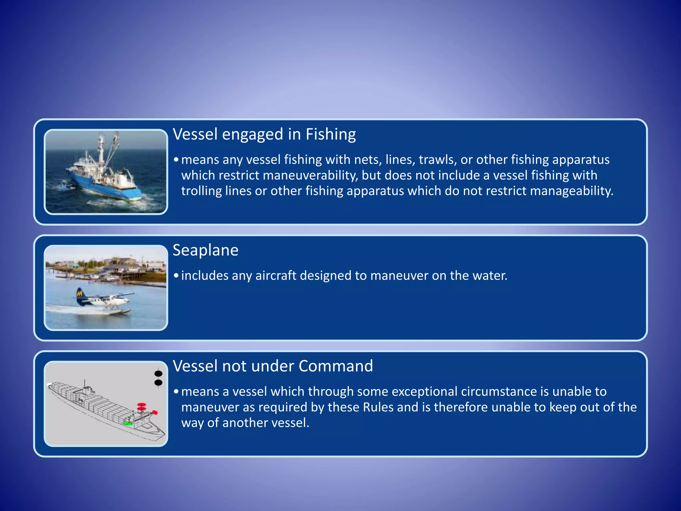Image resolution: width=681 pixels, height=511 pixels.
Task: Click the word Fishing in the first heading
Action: click(331, 135)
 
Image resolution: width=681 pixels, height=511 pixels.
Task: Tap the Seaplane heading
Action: click(205, 250)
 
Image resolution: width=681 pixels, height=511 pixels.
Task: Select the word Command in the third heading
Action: click(336, 366)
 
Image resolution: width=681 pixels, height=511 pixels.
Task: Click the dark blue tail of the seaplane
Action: click(80, 296)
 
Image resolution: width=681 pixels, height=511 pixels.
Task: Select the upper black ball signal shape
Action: click(158, 374)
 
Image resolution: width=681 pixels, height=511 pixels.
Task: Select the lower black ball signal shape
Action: click(158, 383)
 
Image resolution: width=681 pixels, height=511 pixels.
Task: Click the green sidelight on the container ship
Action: click(128, 424)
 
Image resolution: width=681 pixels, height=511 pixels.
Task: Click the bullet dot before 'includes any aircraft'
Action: click(176, 276)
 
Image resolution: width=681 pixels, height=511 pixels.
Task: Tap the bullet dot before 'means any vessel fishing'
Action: click(176, 160)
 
